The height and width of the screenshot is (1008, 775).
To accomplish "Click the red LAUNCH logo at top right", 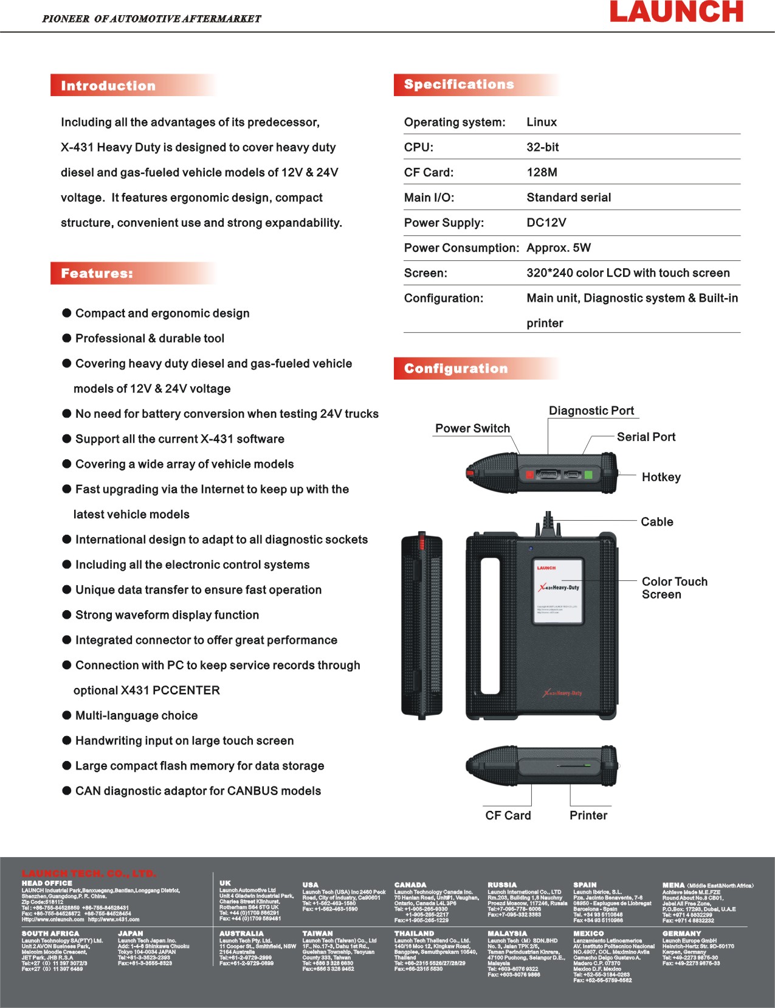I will (676, 12).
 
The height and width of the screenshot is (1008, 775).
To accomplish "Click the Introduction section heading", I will (108, 86).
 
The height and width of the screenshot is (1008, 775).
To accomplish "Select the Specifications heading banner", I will (459, 85).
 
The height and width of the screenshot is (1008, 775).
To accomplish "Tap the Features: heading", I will (97, 274).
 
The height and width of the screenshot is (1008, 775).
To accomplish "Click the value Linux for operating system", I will (542, 122).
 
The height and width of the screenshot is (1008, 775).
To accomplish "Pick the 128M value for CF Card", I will (542, 172).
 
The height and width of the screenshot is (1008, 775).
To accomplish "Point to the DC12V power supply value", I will (546, 223).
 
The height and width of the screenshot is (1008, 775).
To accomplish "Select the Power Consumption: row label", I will (461, 248).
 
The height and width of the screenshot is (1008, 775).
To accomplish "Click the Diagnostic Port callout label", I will (591, 411).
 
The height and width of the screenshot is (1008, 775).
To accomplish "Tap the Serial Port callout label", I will (646, 437).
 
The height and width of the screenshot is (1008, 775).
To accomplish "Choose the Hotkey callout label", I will (661, 477).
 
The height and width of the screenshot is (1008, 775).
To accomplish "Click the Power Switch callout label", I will (472, 428).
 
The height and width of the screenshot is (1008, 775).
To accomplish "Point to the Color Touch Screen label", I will (674, 588).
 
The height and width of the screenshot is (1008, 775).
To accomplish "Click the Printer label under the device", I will (588, 815).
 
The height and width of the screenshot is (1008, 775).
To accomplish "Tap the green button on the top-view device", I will (588, 474).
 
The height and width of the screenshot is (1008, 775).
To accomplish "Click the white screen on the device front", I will (558, 591).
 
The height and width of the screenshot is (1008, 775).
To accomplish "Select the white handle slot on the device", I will (490, 616).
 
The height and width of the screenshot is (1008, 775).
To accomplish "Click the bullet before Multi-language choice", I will (67, 715).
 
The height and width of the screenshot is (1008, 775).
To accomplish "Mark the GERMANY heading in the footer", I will (681, 933).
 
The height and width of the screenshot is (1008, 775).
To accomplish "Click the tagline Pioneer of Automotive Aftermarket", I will (151, 19).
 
